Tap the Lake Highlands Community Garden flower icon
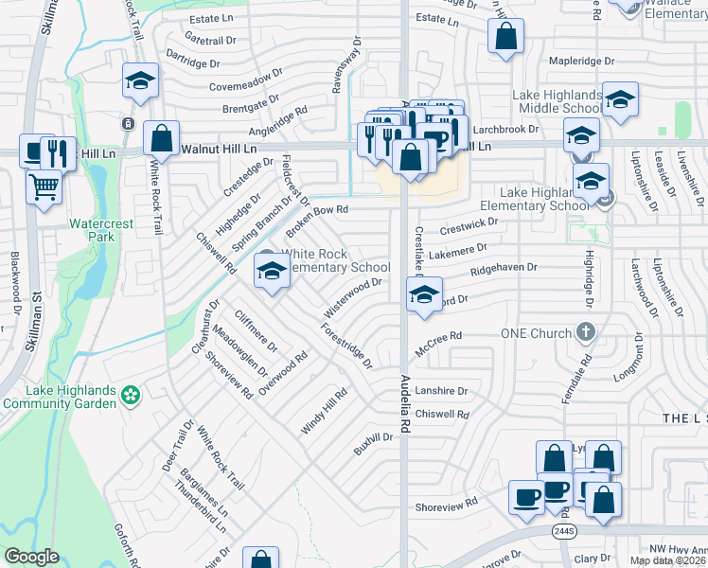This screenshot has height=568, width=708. (x=131, y=392)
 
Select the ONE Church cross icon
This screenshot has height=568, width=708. (x=587, y=333)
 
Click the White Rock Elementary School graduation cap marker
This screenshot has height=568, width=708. (x=272, y=273)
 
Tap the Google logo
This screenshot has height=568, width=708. (x=31, y=556)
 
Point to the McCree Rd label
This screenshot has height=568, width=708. (x=436, y=336)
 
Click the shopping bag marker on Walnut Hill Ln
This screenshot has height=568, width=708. (x=162, y=137)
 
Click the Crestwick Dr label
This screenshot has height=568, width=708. (x=468, y=225)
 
